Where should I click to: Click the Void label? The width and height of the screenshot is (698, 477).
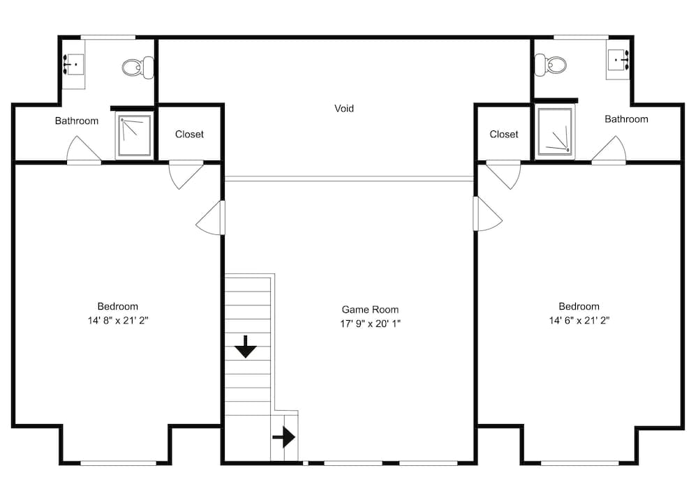[344, 108]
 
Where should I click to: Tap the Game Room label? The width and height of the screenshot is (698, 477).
[370, 309]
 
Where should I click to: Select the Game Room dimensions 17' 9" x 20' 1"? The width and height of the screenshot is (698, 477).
[370, 324]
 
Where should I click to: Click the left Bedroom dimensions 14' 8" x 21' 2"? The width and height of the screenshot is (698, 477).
[117, 321]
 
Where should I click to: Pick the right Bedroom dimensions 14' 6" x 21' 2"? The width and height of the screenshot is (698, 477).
[579, 321]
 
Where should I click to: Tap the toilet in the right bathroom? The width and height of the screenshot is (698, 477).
[550, 66]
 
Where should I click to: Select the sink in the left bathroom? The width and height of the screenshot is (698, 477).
[73, 64]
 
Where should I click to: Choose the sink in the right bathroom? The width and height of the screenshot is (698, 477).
[618, 61]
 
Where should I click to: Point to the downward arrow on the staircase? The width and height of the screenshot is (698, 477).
[245, 347]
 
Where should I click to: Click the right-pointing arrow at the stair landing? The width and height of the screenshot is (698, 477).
[283, 437]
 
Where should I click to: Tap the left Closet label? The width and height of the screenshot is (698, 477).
[189, 134]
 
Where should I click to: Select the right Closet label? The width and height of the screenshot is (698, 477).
[504, 134]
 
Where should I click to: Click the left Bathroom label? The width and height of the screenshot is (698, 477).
[77, 121]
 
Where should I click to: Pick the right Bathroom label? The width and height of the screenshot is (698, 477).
[626, 119]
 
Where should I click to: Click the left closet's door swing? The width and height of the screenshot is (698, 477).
[185, 174]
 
